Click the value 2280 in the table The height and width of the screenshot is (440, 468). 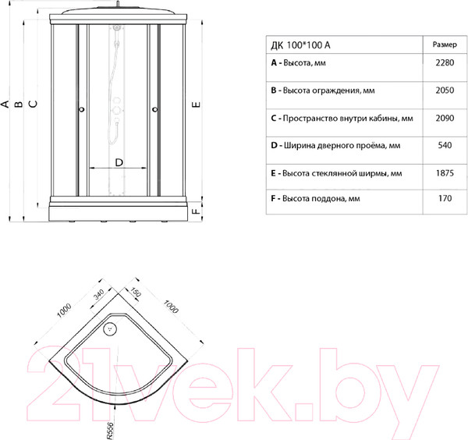coord(445,62)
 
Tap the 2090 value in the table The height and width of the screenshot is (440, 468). coord(445,118)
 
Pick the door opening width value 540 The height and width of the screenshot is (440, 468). coord(445,145)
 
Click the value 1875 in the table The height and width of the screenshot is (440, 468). coord(445,173)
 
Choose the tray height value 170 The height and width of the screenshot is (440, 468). coord(445,198)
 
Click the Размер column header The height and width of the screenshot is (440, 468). coord(445,44)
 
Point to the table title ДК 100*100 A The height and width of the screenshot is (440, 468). coord(300,45)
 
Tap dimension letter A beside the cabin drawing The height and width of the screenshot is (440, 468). coord(5,104)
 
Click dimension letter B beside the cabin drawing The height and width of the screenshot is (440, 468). coord(19,104)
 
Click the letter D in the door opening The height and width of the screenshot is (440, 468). coord(119,163)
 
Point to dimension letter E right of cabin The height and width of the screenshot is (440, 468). coord(196,105)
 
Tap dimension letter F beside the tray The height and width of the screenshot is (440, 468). coord(196,211)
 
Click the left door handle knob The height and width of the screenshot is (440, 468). coord(81,109)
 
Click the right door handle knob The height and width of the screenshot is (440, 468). coord(155,109)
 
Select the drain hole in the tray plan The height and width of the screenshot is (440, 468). coord(110,329)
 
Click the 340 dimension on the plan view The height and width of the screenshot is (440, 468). coord(98,295)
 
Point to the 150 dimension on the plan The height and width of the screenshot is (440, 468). coord(136,293)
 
